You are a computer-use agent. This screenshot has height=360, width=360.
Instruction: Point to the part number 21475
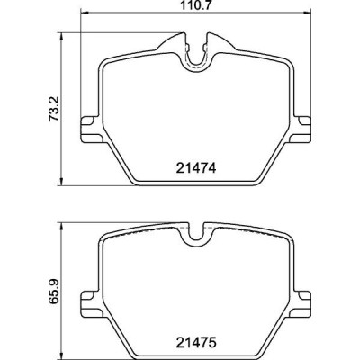coord(196,342)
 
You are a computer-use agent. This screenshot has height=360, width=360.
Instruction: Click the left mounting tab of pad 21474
coord(88,128)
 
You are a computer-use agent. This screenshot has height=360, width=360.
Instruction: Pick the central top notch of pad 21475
coord(196,236)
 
